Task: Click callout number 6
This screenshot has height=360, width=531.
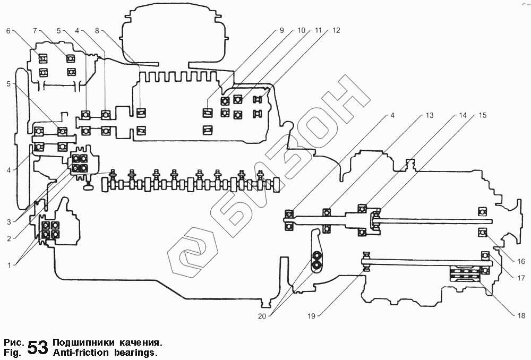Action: [8, 31]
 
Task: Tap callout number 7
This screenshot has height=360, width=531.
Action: [35, 31]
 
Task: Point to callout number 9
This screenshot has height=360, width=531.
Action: [282, 31]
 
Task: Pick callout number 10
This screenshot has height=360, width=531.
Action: [301, 31]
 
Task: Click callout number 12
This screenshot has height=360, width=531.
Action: [336, 31]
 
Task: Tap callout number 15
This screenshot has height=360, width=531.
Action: [482, 115]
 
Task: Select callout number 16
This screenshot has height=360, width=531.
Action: [521, 261]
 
